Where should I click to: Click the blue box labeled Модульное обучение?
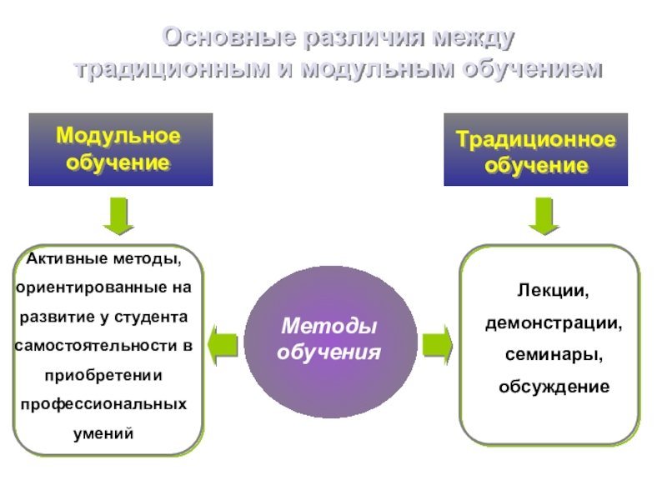pos(120,149)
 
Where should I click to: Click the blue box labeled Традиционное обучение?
pos(535,150)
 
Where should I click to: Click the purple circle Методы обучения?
pos(328,341)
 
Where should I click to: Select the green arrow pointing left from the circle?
pos(223,343)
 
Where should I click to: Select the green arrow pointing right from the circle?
pos(437,343)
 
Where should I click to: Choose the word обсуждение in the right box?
pos(554,387)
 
